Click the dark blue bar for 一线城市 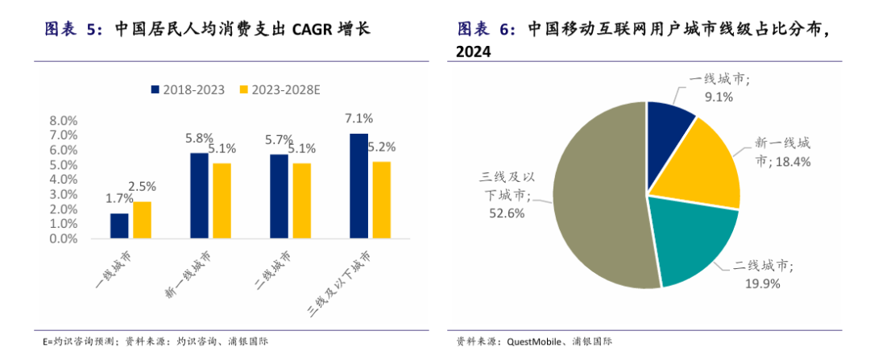coord(119,226)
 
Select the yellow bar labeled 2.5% coord(142,220)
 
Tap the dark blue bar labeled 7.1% coord(358,186)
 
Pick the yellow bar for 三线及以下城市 coord(382,200)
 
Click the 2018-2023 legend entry coord(188,89)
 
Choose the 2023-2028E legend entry coord(279,89)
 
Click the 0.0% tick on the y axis coord(64,238)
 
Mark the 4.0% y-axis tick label coord(64,180)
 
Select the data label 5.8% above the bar coord(199,138)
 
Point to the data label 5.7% coord(279,140)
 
